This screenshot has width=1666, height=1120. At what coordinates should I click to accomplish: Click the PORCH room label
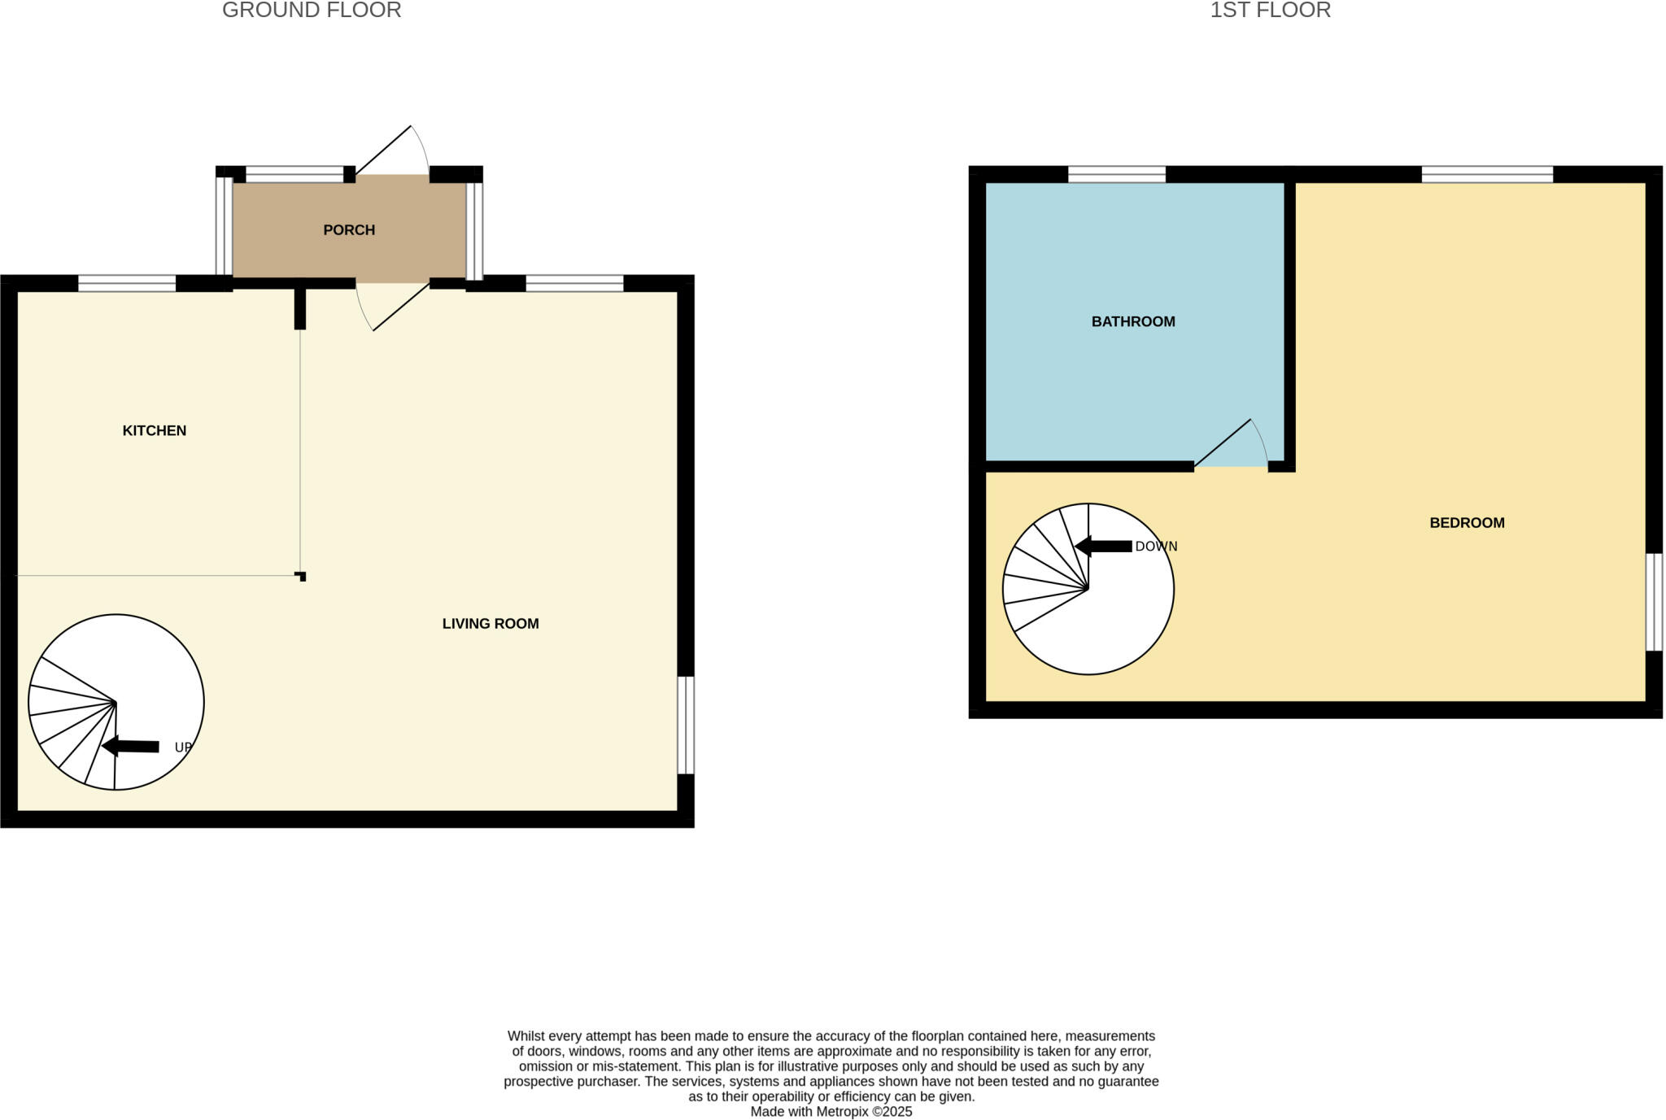tap(349, 230)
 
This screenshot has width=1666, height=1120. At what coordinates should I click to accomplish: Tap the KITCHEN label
tap(155, 430)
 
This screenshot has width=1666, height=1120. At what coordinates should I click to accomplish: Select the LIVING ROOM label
tap(491, 624)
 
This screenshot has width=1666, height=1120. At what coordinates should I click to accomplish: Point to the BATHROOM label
tap(1133, 321)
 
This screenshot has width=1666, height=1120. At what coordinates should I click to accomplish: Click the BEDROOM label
tap(1467, 523)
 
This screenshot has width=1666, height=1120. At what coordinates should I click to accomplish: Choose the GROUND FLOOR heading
tap(312, 11)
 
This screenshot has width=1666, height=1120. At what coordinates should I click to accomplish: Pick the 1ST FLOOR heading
tap(1270, 11)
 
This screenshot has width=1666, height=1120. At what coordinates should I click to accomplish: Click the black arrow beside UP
tap(131, 746)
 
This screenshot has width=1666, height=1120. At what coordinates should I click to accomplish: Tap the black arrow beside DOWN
tap(1104, 547)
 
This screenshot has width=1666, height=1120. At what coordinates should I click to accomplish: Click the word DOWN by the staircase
tap(1156, 547)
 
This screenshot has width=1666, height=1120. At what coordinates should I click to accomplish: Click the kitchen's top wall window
tap(127, 283)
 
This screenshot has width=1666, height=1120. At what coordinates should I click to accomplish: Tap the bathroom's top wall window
tap(1116, 174)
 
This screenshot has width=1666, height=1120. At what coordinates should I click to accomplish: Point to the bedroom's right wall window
tap(1654, 602)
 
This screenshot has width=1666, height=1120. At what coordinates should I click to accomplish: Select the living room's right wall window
tap(686, 725)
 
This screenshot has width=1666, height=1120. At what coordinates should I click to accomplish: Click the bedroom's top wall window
tap(1487, 174)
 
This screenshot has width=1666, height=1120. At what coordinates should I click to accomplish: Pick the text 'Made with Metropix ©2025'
tap(831, 1112)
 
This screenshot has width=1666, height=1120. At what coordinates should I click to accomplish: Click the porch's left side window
tap(224, 226)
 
